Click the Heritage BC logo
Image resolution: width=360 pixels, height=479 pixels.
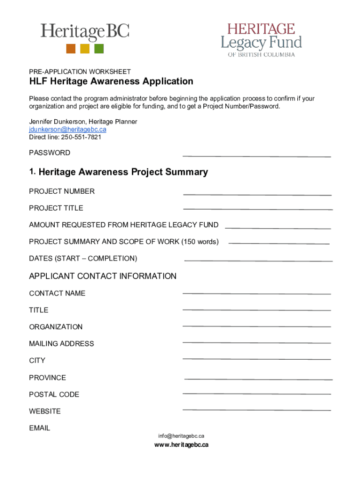(85, 37)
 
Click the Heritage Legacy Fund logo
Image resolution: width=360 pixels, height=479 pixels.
(261, 40)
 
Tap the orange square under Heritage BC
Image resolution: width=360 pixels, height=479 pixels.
(71, 49)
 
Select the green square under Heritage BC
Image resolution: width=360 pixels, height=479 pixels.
(99, 49)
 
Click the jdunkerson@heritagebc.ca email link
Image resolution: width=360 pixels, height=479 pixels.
(67, 130)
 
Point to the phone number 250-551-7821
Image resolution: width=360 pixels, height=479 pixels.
(81, 138)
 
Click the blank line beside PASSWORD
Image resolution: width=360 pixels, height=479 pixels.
(256, 156)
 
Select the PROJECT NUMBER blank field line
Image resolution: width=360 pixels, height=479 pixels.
(257, 194)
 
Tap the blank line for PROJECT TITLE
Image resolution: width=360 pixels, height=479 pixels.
(258, 209)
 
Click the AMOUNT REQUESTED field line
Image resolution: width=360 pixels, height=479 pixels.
(278, 228)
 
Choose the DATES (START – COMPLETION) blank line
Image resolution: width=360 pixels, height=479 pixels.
(258, 261)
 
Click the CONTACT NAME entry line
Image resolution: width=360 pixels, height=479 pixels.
(256, 294)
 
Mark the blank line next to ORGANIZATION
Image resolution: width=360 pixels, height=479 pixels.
(256, 326)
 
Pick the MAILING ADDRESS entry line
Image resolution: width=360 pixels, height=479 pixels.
(256, 343)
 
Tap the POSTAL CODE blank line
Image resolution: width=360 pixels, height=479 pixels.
(256, 394)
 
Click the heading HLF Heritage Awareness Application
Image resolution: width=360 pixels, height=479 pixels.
(111, 81)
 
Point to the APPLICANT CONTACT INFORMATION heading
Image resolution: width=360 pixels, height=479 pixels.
(103, 276)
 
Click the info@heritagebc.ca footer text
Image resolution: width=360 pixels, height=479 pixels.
(181, 436)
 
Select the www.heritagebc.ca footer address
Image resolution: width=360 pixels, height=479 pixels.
(181, 445)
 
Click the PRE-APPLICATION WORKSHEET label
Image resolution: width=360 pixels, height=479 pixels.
(80, 72)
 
